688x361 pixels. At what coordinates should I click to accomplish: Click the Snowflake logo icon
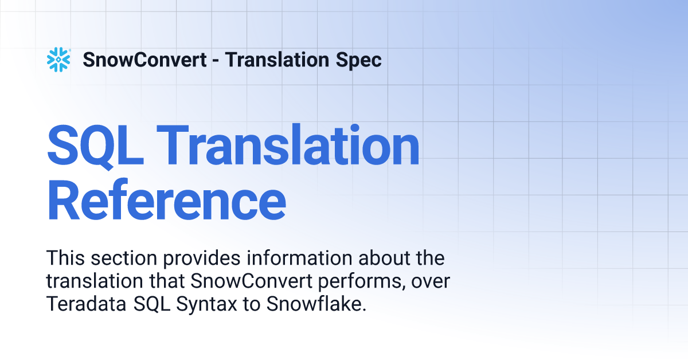pyautogui.click(x=58, y=60)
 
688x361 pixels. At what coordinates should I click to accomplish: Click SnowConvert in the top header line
pyautogui.click(x=144, y=60)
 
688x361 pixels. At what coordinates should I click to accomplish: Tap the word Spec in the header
pyautogui.click(x=359, y=60)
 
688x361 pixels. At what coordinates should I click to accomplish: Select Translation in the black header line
pyautogui.click(x=277, y=60)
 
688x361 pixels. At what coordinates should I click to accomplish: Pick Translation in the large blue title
pyautogui.click(x=288, y=144)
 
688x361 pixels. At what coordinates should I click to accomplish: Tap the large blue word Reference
pyautogui.click(x=166, y=199)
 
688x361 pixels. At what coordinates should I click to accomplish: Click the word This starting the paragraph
pyautogui.click(x=65, y=258)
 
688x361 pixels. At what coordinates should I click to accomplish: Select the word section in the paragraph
pyautogui.click(x=124, y=258)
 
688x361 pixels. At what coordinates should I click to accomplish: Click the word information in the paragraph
pyautogui.click(x=299, y=258)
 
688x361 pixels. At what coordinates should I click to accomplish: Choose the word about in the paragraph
pyautogui.click(x=384, y=258)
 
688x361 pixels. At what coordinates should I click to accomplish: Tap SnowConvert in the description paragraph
pyautogui.click(x=251, y=281)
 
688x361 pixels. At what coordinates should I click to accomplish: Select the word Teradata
pyautogui.click(x=87, y=304)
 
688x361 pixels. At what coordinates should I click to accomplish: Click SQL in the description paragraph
pyautogui.click(x=151, y=304)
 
